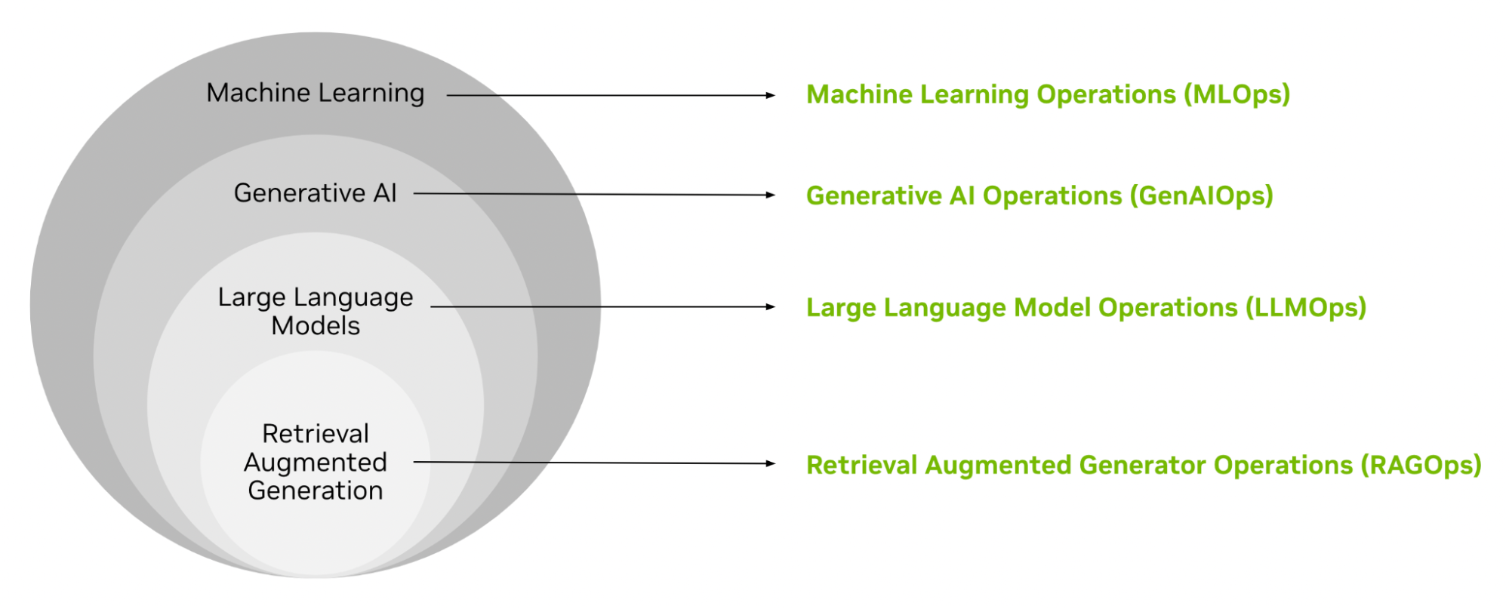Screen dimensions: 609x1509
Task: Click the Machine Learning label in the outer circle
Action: coord(316,93)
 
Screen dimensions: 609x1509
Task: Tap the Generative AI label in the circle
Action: coord(316,193)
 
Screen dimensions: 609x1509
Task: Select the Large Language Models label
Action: coord(316,311)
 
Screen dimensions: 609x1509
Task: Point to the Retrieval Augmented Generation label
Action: coord(316,462)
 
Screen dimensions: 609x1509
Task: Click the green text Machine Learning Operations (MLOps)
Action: coord(1048,94)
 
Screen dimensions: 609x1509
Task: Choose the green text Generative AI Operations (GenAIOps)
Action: coord(1039,195)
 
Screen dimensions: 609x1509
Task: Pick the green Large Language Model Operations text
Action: coord(1086,308)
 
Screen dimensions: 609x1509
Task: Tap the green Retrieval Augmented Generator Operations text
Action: coord(1144,465)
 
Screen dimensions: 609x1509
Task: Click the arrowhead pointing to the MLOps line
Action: coord(770,96)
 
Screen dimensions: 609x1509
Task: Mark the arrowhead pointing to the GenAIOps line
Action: coord(770,195)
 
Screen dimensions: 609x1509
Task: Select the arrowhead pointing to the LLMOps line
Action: coord(770,307)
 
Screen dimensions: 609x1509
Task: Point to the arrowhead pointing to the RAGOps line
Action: coord(770,463)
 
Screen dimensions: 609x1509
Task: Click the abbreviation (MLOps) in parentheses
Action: coord(1236,94)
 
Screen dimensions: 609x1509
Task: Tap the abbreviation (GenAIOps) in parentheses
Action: coord(1201,195)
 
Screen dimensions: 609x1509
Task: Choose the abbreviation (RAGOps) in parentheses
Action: coord(1421,465)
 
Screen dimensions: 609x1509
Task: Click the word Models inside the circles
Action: coord(316,326)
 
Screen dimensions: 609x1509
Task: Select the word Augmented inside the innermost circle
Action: coord(316,462)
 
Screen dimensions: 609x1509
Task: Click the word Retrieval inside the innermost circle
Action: coord(316,434)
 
